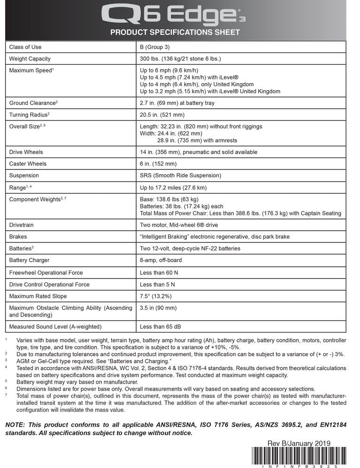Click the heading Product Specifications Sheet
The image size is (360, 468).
tap(175, 32)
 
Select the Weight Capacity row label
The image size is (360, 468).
tap(30, 59)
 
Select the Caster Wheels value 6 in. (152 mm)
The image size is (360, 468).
tap(158, 164)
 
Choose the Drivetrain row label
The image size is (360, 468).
tap(22, 225)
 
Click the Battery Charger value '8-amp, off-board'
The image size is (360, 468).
tap(161, 260)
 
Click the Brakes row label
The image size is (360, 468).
tap(18, 237)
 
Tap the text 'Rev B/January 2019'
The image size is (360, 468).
tap(299, 443)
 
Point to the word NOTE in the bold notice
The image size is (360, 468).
tap(16, 424)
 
